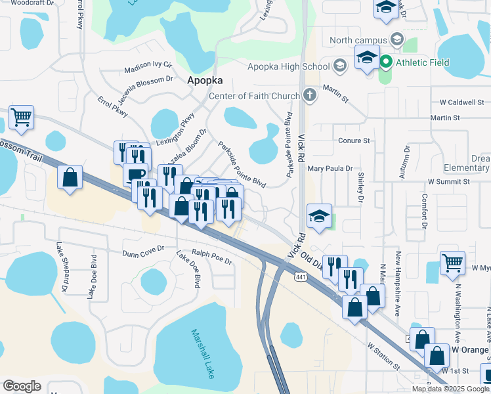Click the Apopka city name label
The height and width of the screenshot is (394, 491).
point(205,80)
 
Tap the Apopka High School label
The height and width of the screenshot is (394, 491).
point(288,66)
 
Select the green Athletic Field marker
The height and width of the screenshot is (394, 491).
point(386,63)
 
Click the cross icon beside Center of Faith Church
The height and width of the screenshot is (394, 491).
point(309,97)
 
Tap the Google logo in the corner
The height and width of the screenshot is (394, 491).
point(22,385)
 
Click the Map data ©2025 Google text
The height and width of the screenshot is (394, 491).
point(450,389)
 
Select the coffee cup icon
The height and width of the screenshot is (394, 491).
point(135,173)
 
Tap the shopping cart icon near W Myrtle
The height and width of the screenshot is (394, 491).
point(452,262)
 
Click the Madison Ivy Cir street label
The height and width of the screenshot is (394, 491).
point(148,66)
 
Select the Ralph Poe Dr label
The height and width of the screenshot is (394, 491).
point(211,257)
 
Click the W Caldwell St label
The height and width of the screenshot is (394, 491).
point(461,102)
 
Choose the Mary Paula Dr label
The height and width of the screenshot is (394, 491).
point(330,169)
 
